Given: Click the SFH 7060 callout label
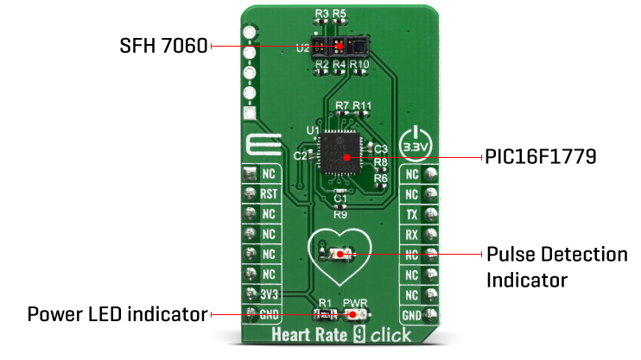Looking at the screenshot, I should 163,46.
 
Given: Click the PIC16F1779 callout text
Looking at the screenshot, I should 536,157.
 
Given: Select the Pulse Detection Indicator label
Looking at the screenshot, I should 556,267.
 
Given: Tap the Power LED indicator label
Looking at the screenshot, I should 117,313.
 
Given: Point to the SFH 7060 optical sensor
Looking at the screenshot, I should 340,47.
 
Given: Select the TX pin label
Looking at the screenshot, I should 412,213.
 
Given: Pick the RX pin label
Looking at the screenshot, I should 412,234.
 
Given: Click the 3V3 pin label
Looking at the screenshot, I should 268,294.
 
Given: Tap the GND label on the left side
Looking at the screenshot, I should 268,315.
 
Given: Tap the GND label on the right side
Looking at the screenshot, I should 412,315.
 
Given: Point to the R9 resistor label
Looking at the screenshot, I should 340,212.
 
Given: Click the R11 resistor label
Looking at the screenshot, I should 362,106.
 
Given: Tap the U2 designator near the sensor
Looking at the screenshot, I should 301,48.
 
